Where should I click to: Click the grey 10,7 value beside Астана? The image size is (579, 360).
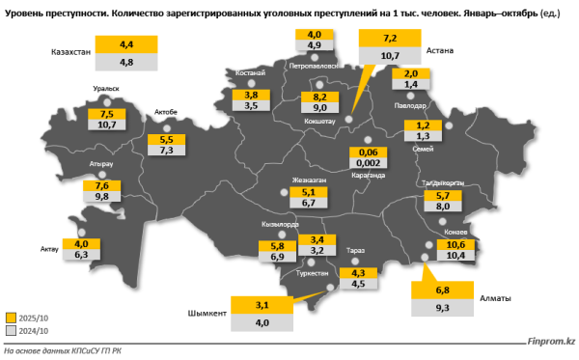pyautogui.click(x=391, y=57)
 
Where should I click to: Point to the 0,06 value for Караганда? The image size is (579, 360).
pyautogui.click(x=368, y=152)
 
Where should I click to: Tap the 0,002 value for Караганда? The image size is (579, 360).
pyautogui.click(x=368, y=165)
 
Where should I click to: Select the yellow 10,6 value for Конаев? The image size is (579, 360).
pyautogui.click(x=455, y=244)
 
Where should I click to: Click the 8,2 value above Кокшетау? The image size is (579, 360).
pyautogui.click(x=319, y=97)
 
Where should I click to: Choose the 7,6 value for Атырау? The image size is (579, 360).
pyautogui.click(x=78, y=185)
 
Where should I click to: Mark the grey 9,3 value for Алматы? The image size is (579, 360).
pyautogui.click(x=443, y=307)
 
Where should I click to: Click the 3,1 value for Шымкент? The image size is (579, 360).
pyautogui.click(x=261, y=306)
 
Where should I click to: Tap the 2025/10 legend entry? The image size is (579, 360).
pyautogui.click(x=36, y=317)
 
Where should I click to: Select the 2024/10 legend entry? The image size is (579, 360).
pyautogui.click(x=36, y=330)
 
